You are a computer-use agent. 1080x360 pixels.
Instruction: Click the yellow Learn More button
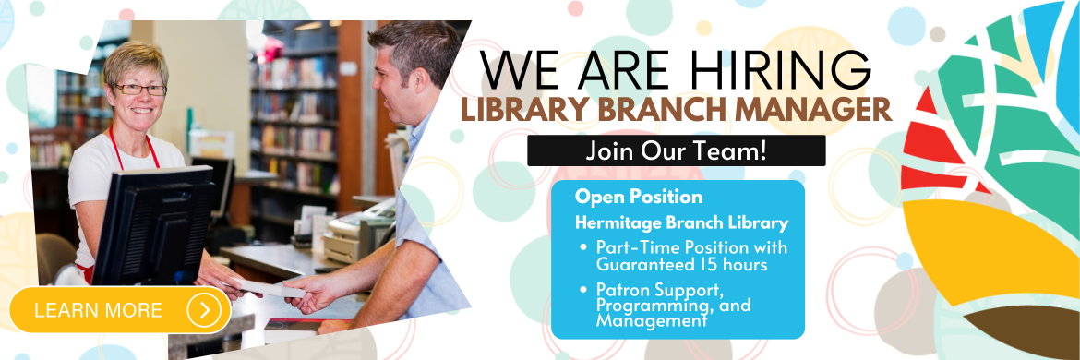click(120, 310)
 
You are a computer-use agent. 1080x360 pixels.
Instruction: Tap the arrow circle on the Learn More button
click(205, 310)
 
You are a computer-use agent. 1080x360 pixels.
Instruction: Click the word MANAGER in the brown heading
click(810, 110)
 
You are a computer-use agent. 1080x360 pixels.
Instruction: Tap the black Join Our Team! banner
click(677, 150)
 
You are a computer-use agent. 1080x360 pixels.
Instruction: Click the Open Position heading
click(639, 197)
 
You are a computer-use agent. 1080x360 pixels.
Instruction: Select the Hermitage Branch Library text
click(682, 223)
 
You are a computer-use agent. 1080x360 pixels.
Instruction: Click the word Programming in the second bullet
click(642, 306)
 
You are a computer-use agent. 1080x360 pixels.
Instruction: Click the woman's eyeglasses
click(139, 89)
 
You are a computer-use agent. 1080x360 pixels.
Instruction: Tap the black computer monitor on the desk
click(153, 224)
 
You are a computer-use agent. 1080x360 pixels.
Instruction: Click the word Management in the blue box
click(652, 320)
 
